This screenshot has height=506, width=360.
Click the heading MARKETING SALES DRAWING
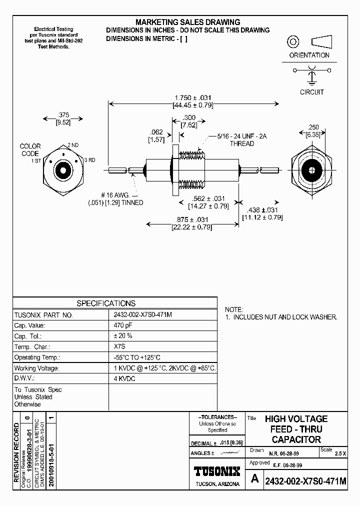[188, 22]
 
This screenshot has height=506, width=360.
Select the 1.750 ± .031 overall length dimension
[192, 97]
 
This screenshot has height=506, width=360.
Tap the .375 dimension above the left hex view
[63, 114]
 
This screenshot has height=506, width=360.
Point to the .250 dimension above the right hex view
[313, 127]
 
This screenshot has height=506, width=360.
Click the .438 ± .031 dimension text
[262, 210]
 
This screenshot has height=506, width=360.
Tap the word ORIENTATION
[309, 55]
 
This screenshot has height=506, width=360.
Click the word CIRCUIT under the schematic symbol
[311, 92]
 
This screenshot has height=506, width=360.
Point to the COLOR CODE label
[30, 150]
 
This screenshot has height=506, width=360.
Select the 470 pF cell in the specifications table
[123, 325]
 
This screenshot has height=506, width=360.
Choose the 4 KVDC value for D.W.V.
[124, 378]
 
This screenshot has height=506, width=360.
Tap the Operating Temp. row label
[37, 357]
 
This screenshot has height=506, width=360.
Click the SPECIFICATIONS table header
[105, 303]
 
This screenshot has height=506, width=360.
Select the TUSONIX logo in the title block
[217, 471]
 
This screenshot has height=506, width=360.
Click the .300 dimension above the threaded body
[189, 117]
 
